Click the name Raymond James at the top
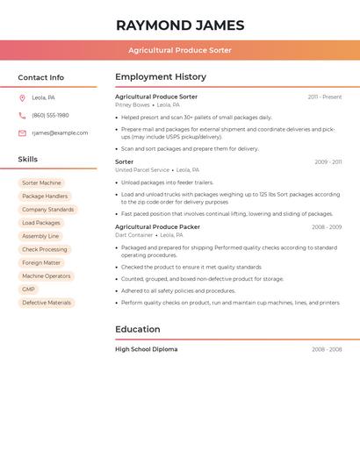180,25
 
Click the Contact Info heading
40,77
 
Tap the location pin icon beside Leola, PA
22,97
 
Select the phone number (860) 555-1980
50,115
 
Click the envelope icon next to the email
22,133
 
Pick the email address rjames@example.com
60,133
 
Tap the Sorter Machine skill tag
41,183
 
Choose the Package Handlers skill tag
45,197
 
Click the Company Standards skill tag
48,210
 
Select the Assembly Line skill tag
40,236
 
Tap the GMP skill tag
29,290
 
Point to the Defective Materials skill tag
47,303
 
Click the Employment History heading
161,77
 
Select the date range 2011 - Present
324,97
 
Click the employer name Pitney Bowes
133,104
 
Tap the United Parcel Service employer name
142,170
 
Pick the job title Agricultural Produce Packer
157,227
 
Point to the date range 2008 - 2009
326,227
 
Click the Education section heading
138,330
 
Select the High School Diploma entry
146,349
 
